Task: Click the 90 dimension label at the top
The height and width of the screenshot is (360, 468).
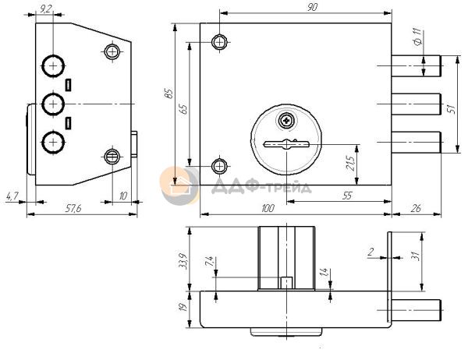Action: click(x=312, y=7)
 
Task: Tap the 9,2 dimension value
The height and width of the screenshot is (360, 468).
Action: click(x=44, y=9)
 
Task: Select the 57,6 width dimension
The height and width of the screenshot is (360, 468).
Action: click(x=73, y=209)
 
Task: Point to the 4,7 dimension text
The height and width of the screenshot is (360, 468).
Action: click(x=12, y=196)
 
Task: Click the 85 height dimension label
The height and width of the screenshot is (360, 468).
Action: click(x=169, y=94)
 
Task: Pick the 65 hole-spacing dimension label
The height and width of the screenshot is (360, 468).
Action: click(x=183, y=108)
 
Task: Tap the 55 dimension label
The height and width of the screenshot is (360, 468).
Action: click(x=347, y=196)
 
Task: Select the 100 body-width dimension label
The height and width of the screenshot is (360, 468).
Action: click(x=268, y=208)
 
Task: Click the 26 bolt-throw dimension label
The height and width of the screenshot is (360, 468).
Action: click(x=416, y=208)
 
